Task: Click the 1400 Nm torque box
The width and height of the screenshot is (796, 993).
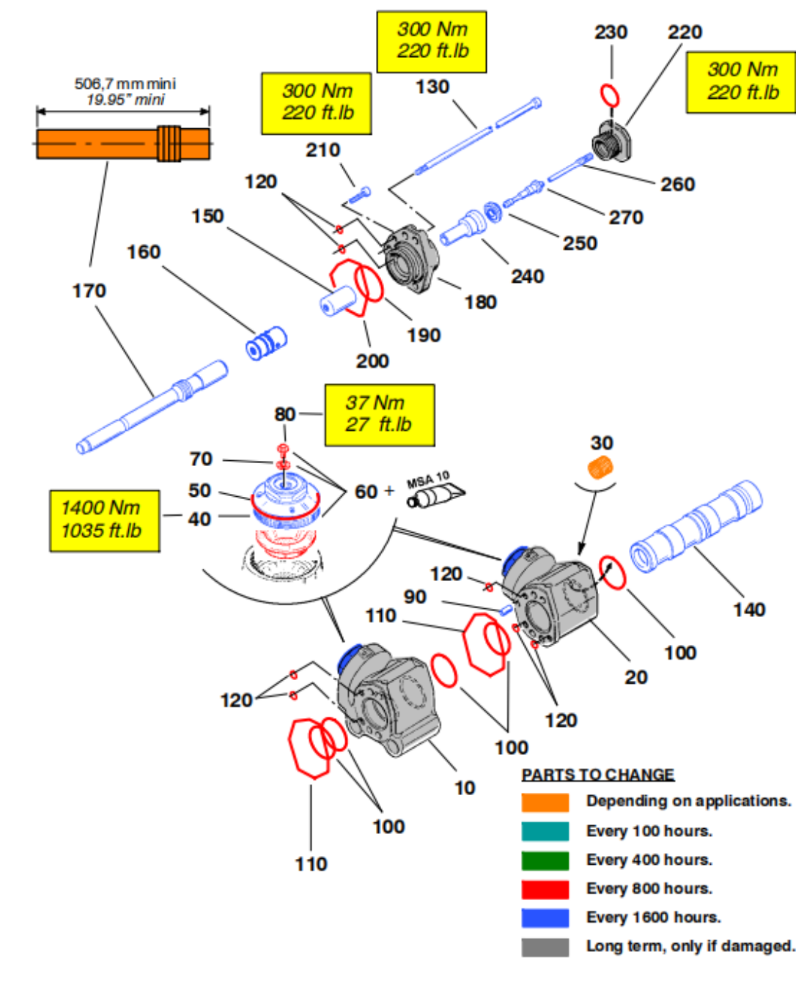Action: [x=104, y=520]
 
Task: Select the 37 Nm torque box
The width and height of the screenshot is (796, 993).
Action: [x=379, y=415]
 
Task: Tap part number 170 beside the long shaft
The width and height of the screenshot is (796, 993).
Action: [x=89, y=291]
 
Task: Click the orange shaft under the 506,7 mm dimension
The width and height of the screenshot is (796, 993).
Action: [x=123, y=144]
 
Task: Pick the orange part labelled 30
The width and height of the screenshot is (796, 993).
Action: [x=600, y=467]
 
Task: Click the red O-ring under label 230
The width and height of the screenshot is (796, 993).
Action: [x=609, y=95]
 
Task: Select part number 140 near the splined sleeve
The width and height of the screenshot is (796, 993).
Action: [x=748, y=610]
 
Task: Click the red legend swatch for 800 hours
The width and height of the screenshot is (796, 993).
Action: [x=545, y=889]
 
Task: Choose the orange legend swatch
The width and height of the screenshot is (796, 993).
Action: [x=545, y=802]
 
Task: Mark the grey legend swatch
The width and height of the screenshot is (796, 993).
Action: [x=545, y=947]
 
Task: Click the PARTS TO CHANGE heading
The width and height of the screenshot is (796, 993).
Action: [x=597, y=775]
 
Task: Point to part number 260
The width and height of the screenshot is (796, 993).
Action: [x=677, y=185]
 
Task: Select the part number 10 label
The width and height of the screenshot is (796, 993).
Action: [x=465, y=788]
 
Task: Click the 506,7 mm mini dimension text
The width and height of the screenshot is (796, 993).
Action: [x=125, y=84]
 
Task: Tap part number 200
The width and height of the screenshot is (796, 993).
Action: [x=372, y=361]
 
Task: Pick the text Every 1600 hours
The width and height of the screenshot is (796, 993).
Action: [x=653, y=918]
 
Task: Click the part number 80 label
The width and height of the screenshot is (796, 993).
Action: [x=284, y=415]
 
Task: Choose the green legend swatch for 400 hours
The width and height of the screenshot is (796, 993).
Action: [x=545, y=860]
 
